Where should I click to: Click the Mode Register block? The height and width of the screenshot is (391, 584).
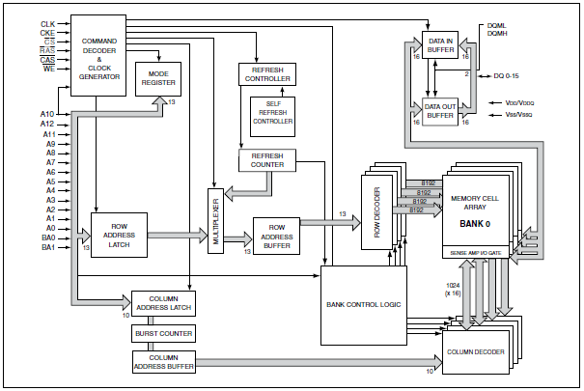[x=158, y=78]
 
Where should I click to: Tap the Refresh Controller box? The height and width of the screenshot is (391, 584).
[x=266, y=73]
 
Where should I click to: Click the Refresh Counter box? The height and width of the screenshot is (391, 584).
[x=267, y=159]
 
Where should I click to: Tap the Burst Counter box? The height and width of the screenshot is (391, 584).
[x=162, y=334]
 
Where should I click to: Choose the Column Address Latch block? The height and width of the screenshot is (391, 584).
[x=162, y=303]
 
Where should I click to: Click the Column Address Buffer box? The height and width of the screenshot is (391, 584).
[x=162, y=362]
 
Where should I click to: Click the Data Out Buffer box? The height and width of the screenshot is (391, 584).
[x=440, y=109]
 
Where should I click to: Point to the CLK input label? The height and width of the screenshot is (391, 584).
[x=48, y=22]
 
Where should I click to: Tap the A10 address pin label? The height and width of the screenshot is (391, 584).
[x=47, y=114]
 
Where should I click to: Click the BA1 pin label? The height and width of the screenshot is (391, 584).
[x=47, y=247]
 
